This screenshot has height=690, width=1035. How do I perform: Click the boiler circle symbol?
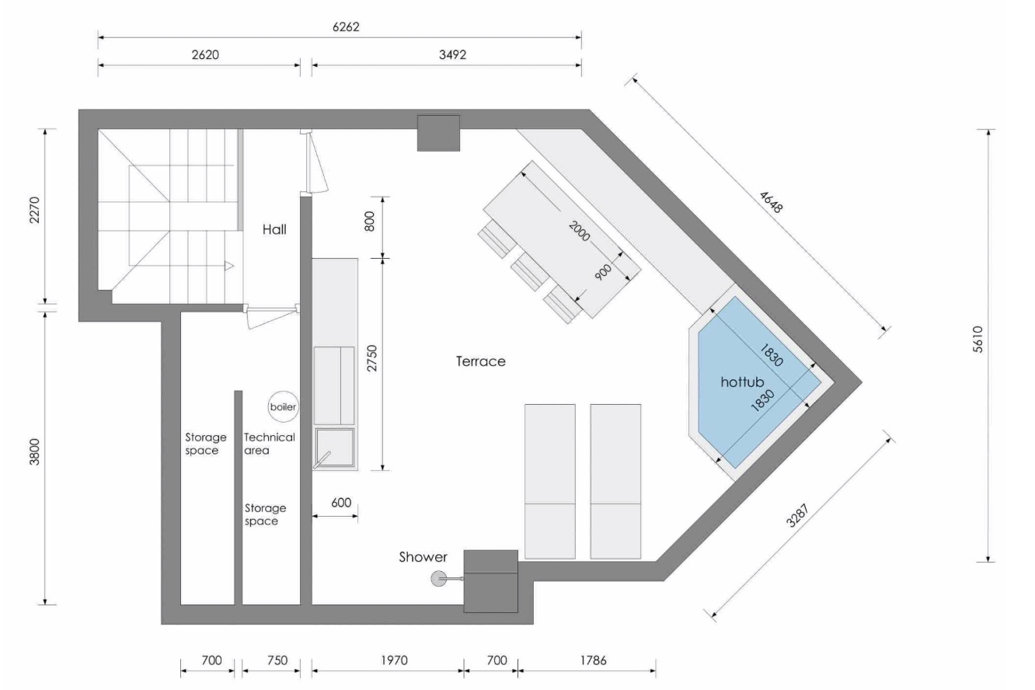(x=284, y=406)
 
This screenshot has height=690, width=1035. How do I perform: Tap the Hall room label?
(x=274, y=229)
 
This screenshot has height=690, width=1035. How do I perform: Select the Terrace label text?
(x=480, y=361)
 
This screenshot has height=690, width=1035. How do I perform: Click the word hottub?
(x=742, y=382)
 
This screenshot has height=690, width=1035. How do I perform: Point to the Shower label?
(x=423, y=557)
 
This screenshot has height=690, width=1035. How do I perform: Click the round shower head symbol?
(x=437, y=579)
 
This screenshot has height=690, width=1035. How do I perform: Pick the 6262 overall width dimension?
(x=346, y=26)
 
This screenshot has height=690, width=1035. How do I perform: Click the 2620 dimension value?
(x=205, y=54)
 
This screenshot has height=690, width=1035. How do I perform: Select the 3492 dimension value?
(x=452, y=54)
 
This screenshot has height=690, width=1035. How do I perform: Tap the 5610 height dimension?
(x=977, y=340)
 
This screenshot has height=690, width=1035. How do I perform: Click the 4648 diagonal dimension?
(x=771, y=203)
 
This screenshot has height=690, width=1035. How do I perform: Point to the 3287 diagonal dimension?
(x=798, y=515)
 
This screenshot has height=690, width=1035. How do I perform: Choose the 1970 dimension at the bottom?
(x=394, y=660)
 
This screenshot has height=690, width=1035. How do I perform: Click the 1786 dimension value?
(x=593, y=660)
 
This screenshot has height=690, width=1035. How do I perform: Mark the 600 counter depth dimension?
(x=341, y=503)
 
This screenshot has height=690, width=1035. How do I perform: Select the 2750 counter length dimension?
(x=372, y=358)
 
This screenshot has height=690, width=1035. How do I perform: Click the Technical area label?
(x=269, y=444)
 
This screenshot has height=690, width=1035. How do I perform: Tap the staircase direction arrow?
(x=229, y=266)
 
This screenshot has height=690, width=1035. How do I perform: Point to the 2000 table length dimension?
(x=579, y=231)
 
